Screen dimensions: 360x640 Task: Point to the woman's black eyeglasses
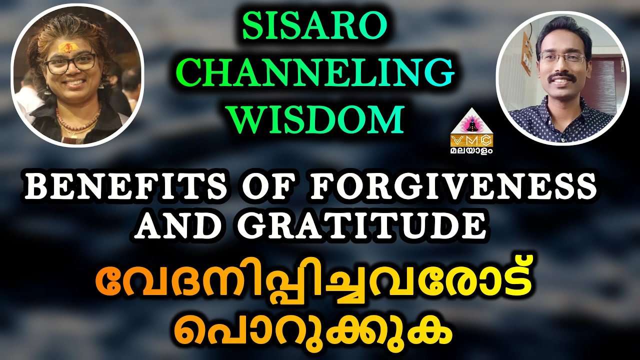[70, 64]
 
